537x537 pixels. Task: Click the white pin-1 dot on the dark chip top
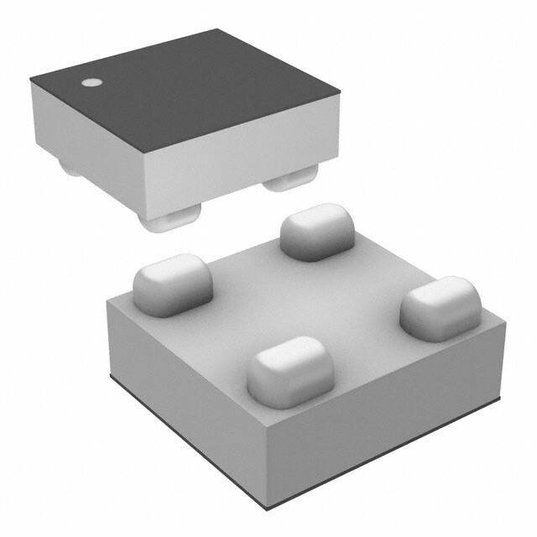click(x=90, y=83)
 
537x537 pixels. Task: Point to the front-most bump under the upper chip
click(x=169, y=221)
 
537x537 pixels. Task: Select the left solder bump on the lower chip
click(x=173, y=284)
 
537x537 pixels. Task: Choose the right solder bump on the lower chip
click(x=440, y=305)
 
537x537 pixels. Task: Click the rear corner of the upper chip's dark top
click(x=220, y=31)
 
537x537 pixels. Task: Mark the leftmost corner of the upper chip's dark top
click(x=31, y=79)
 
